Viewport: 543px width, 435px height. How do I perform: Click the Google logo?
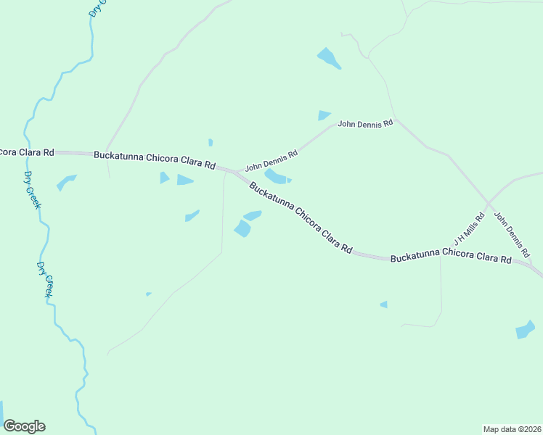tap(24, 426)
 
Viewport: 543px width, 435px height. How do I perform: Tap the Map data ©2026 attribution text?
tap(512, 429)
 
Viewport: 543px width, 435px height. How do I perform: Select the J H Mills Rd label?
tap(469, 229)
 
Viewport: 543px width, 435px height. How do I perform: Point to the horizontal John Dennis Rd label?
tap(365, 124)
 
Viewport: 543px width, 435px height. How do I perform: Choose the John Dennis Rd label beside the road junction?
tap(271, 160)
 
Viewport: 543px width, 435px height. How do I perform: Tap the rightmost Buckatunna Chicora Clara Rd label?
tap(450, 258)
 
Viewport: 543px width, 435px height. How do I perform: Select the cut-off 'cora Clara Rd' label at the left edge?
tap(27, 152)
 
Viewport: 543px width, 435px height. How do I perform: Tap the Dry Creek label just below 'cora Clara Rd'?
tap(32, 190)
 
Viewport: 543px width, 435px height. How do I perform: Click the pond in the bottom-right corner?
tap(524, 330)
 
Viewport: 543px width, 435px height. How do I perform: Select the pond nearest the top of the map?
tap(328, 58)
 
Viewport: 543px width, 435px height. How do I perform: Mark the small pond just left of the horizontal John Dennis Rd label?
tap(324, 115)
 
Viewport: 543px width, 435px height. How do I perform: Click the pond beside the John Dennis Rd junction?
tap(277, 177)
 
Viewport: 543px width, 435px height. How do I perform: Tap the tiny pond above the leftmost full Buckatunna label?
tap(211, 142)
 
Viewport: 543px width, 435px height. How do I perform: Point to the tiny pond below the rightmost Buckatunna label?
tap(384, 304)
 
